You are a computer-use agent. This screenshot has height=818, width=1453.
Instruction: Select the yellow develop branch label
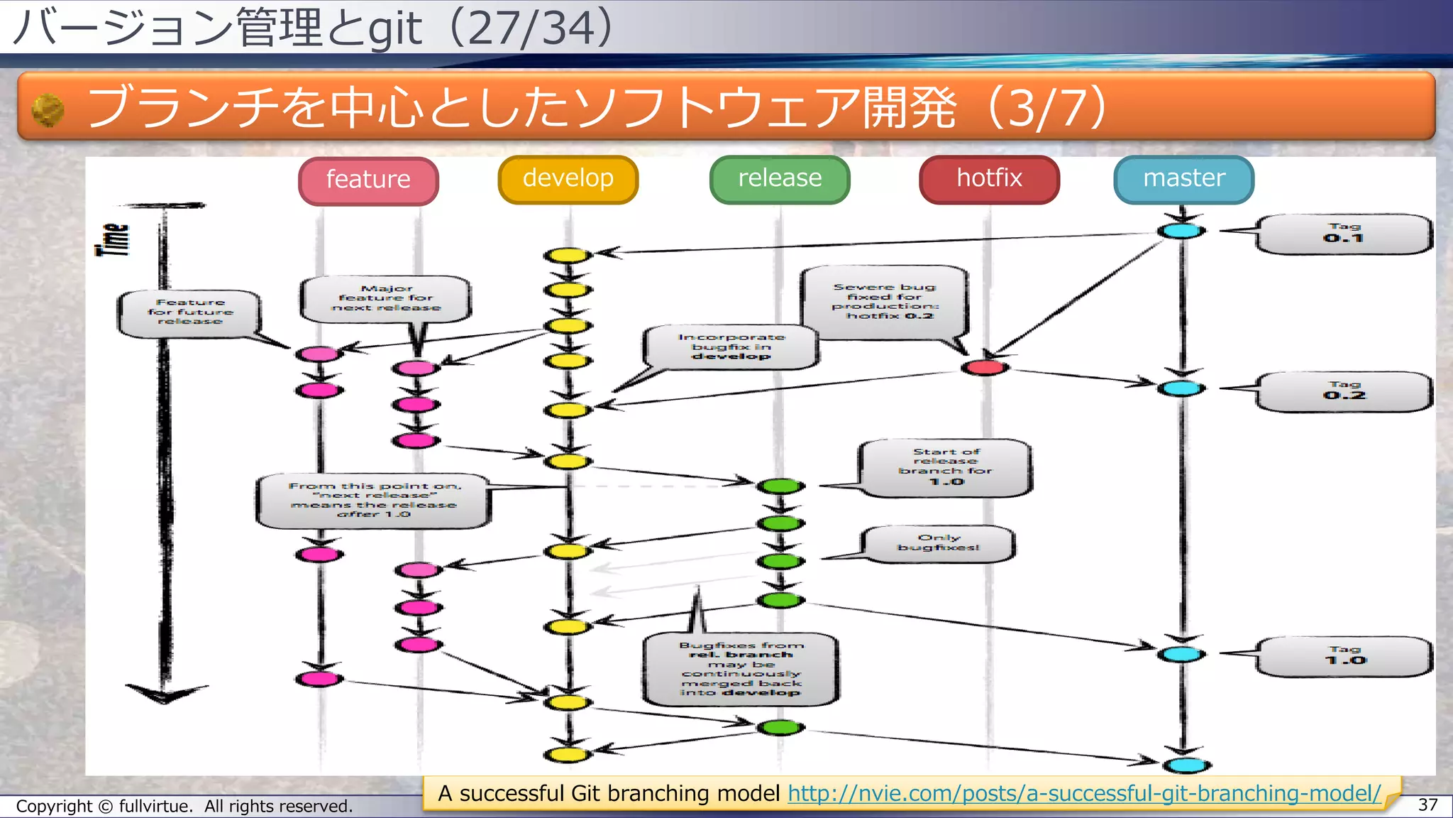coord(568,179)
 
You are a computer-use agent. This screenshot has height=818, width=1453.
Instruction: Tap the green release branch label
coord(779,179)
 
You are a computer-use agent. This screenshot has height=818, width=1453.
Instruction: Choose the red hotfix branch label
coord(989,179)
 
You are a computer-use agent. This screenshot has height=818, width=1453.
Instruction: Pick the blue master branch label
coord(1183,179)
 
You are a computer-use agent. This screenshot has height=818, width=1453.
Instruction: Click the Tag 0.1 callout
coord(1343,234)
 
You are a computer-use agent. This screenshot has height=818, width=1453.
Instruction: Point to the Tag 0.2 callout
coord(1343,391)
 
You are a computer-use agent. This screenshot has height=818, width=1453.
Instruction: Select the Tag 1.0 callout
coord(1343,656)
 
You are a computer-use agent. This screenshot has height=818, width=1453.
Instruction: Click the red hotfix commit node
coord(985,367)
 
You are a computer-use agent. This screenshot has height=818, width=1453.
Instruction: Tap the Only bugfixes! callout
coord(938,543)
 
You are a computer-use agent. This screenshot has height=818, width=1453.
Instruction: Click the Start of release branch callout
coord(945,467)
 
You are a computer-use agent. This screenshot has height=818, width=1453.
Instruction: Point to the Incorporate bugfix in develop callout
coord(731,347)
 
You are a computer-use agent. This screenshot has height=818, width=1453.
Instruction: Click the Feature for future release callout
coord(189,312)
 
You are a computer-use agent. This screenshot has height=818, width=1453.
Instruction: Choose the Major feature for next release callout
coord(385,298)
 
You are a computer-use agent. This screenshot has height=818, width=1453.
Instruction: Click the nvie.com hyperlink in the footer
coord(1084,793)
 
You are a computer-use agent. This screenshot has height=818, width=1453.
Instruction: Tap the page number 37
coord(1427,805)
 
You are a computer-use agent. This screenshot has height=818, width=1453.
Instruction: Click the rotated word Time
coord(113,239)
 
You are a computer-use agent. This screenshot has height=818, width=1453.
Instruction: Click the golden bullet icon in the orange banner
coord(48,110)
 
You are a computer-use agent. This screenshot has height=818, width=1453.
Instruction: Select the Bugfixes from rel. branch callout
coord(741,669)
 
